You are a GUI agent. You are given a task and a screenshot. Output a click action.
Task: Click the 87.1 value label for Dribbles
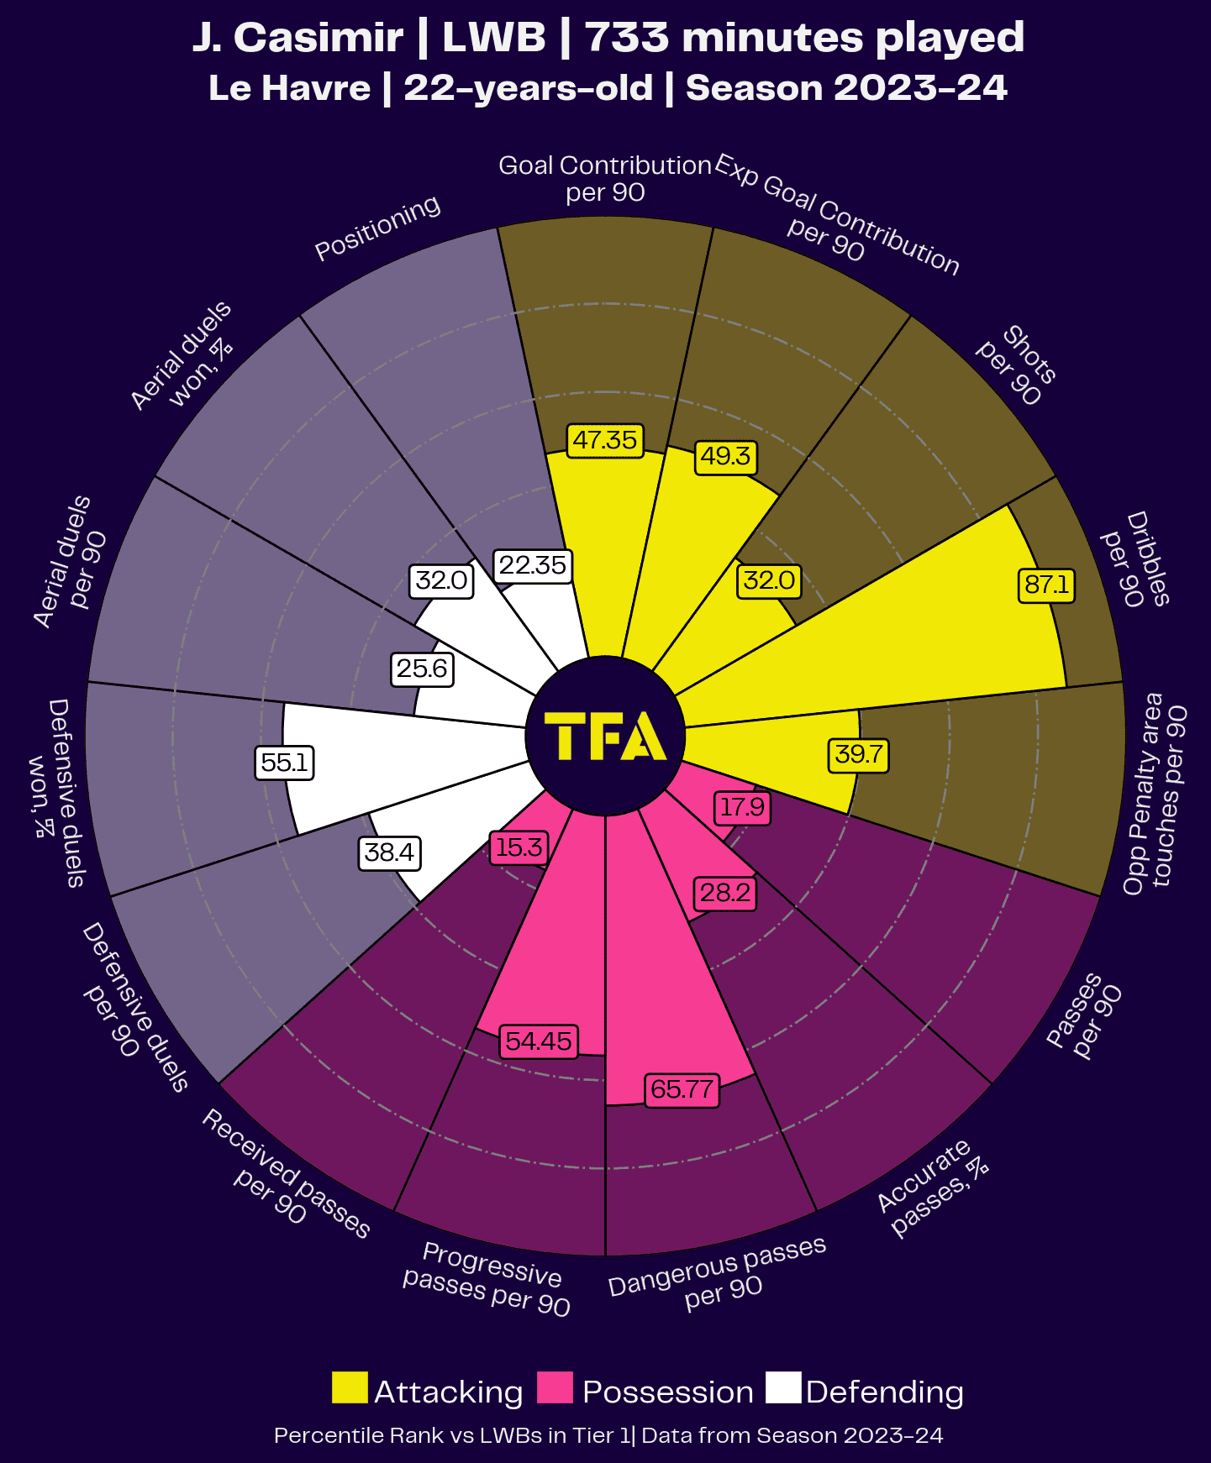click(1046, 584)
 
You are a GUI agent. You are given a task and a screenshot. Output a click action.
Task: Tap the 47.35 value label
click(605, 440)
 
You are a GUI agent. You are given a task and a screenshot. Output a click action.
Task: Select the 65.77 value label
click(682, 1089)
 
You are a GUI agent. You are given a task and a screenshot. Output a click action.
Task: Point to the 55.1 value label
click(284, 763)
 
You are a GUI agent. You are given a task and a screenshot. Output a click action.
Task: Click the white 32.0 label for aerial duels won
click(442, 580)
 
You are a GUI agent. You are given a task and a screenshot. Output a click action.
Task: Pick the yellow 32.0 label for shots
click(770, 580)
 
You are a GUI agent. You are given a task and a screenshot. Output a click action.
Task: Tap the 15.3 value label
click(519, 847)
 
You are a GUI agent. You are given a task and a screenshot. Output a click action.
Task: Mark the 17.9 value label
click(743, 807)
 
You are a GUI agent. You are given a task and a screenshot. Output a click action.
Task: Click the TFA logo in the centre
click(605, 736)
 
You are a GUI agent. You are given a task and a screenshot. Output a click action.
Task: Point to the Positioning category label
click(377, 228)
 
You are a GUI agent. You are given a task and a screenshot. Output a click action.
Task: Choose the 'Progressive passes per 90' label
click(487, 1278)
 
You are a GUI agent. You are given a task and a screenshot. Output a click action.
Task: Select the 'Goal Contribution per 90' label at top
click(605, 178)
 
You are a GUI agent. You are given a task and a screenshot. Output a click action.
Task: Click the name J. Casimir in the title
click(297, 38)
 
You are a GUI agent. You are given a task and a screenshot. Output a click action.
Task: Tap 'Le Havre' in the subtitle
click(289, 88)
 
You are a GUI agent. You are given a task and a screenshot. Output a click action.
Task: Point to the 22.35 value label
click(533, 565)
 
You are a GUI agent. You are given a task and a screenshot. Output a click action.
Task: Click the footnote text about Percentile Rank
click(608, 1435)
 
